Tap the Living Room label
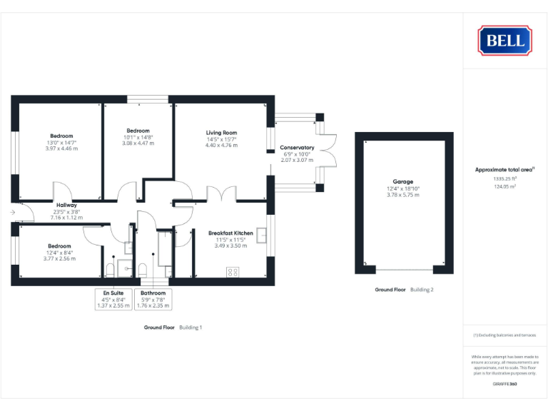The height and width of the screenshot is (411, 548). tap(221, 133)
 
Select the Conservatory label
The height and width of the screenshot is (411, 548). tap(297, 148)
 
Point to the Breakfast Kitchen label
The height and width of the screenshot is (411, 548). tap(230, 233)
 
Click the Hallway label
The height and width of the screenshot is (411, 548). tap(66, 205)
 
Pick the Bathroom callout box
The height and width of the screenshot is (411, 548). tap(153, 299)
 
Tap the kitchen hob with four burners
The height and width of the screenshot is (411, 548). tap(233, 271)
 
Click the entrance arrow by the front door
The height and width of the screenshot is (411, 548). tap(13, 213)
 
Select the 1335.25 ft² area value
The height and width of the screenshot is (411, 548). tap(504, 178)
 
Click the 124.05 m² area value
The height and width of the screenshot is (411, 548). tap(504, 186)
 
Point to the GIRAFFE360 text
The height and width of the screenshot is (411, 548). tap(504, 385)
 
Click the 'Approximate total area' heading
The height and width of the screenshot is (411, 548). tap(504, 170)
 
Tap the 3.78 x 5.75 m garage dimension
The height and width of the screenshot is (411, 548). tap(402, 195)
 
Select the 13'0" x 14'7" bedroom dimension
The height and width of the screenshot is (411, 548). tap(61, 142)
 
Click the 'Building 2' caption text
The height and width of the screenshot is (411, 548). tap(422, 290)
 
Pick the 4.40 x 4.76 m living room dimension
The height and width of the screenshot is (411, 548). tap(221, 145)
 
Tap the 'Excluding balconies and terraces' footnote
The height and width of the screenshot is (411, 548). tap(504, 335)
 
